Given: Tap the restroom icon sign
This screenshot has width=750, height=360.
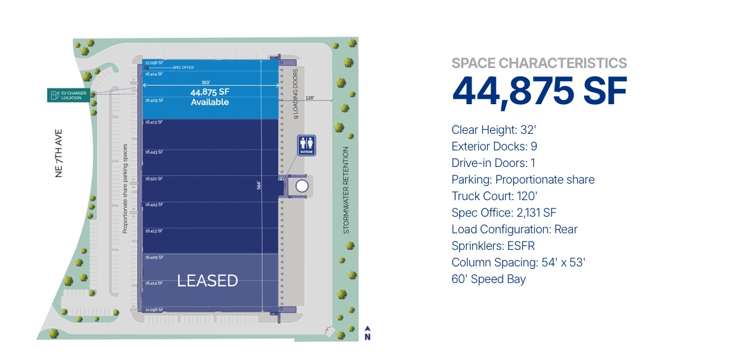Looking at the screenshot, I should click(x=306, y=145).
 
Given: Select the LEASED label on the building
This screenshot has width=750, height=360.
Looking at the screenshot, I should click(x=208, y=281).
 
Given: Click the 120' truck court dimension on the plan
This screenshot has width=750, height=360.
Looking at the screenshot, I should click(x=310, y=98).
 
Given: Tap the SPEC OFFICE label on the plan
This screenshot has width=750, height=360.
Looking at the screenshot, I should click(x=183, y=67).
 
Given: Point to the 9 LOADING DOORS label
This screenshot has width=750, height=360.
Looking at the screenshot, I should click(x=296, y=94).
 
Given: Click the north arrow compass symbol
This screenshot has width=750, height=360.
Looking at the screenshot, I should click(x=367, y=333).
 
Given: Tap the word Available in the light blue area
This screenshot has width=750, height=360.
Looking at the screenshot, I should click(x=210, y=102).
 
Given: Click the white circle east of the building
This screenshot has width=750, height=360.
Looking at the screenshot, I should click(x=302, y=186).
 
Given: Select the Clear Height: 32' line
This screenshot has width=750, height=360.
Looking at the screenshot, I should click(x=493, y=130).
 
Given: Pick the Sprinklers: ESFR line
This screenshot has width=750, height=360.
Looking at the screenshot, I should click(x=493, y=246).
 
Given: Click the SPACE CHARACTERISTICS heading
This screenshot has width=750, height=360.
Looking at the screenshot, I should click(x=539, y=63).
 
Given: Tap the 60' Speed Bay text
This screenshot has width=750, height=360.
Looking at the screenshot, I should click(x=488, y=279).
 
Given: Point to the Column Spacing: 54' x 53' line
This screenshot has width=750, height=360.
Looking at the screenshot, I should click(x=518, y=262).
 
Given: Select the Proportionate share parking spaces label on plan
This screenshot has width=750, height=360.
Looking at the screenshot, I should click(x=125, y=188).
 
